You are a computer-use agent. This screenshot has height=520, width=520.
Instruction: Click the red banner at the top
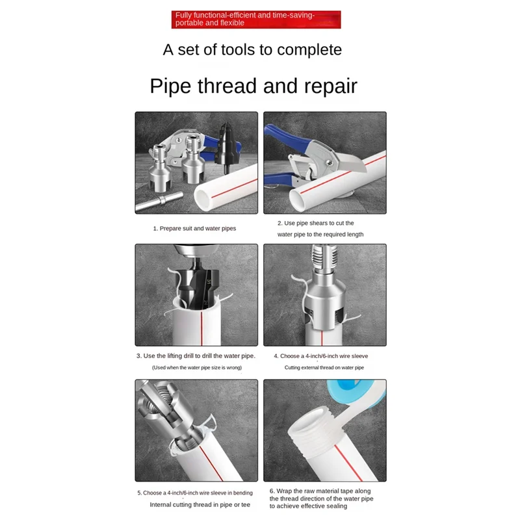[256, 19]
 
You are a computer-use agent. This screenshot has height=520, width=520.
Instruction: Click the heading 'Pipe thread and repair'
[253, 86]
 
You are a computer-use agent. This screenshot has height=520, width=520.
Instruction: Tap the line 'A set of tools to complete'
[252, 49]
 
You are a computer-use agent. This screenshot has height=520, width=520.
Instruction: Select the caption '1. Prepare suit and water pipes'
[194, 229]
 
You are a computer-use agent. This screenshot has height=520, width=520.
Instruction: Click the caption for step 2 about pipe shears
[320, 229]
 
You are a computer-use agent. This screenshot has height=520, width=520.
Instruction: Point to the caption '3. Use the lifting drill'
[196, 356]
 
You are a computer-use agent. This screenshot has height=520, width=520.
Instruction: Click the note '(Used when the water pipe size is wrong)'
[197, 368]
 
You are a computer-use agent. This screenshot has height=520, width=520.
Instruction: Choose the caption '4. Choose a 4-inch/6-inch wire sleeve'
[321, 356]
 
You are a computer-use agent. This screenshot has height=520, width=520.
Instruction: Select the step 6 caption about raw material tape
[322, 498]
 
